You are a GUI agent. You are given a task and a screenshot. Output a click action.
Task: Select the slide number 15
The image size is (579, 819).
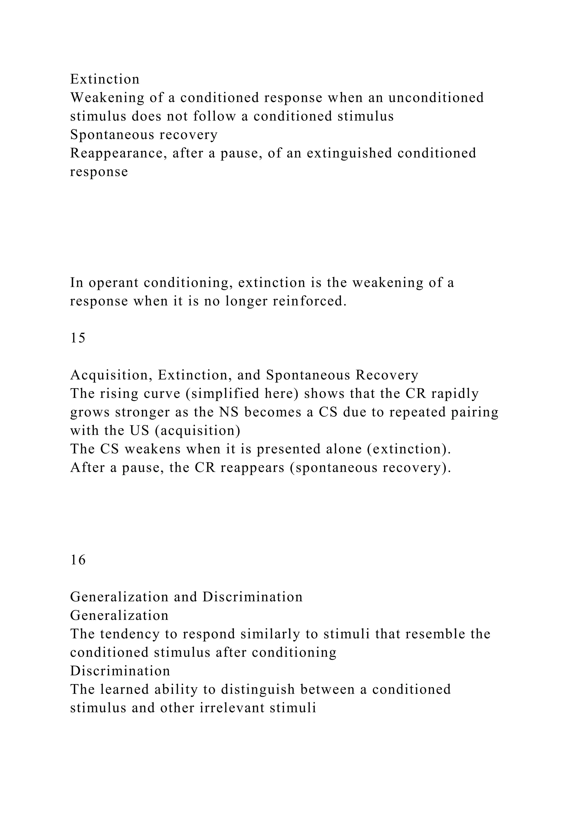coord(78,338)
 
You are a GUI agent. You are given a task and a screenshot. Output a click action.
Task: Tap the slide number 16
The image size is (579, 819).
coord(78,560)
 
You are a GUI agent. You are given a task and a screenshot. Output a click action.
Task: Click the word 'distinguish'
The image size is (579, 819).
coord(258,689)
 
